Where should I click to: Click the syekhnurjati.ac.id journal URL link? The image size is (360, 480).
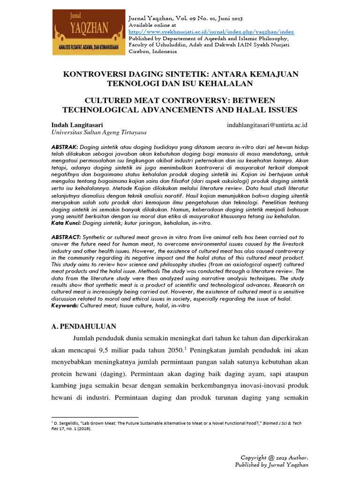(x=211, y=32)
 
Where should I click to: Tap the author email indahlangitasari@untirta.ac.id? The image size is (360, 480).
(x=267, y=125)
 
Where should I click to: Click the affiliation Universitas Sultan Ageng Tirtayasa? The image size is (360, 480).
(x=92, y=133)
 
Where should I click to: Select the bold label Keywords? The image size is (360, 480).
(x=65, y=306)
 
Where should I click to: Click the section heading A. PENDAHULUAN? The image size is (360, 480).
(x=83, y=326)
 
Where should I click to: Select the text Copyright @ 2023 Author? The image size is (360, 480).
(x=274, y=457)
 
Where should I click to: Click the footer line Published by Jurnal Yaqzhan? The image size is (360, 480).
(x=271, y=465)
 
